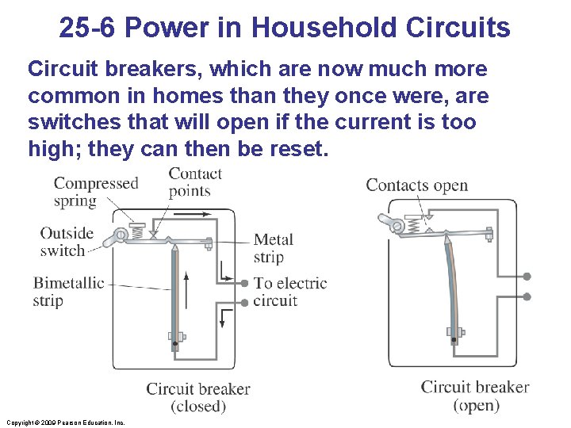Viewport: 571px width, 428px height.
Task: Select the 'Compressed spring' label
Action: coord(95,192)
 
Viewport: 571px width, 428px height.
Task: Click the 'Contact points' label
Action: coord(194,182)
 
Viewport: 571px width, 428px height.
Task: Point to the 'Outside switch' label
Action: coord(67,242)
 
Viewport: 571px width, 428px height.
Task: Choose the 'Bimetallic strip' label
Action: coord(68,292)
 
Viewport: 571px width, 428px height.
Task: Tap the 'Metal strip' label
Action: coord(274,248)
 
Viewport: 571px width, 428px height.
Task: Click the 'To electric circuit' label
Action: coord(289,292)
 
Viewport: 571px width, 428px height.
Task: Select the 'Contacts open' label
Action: coord(416,185)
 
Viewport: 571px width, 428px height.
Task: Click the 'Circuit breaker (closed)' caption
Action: coord(197,397)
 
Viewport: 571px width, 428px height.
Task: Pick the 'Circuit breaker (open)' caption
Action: coord(474,396)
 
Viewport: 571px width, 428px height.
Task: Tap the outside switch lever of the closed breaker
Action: coord(121,235)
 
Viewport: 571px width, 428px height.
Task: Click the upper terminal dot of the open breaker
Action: coord(526,277)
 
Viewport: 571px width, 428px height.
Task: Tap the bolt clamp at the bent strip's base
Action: coord(454,331)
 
